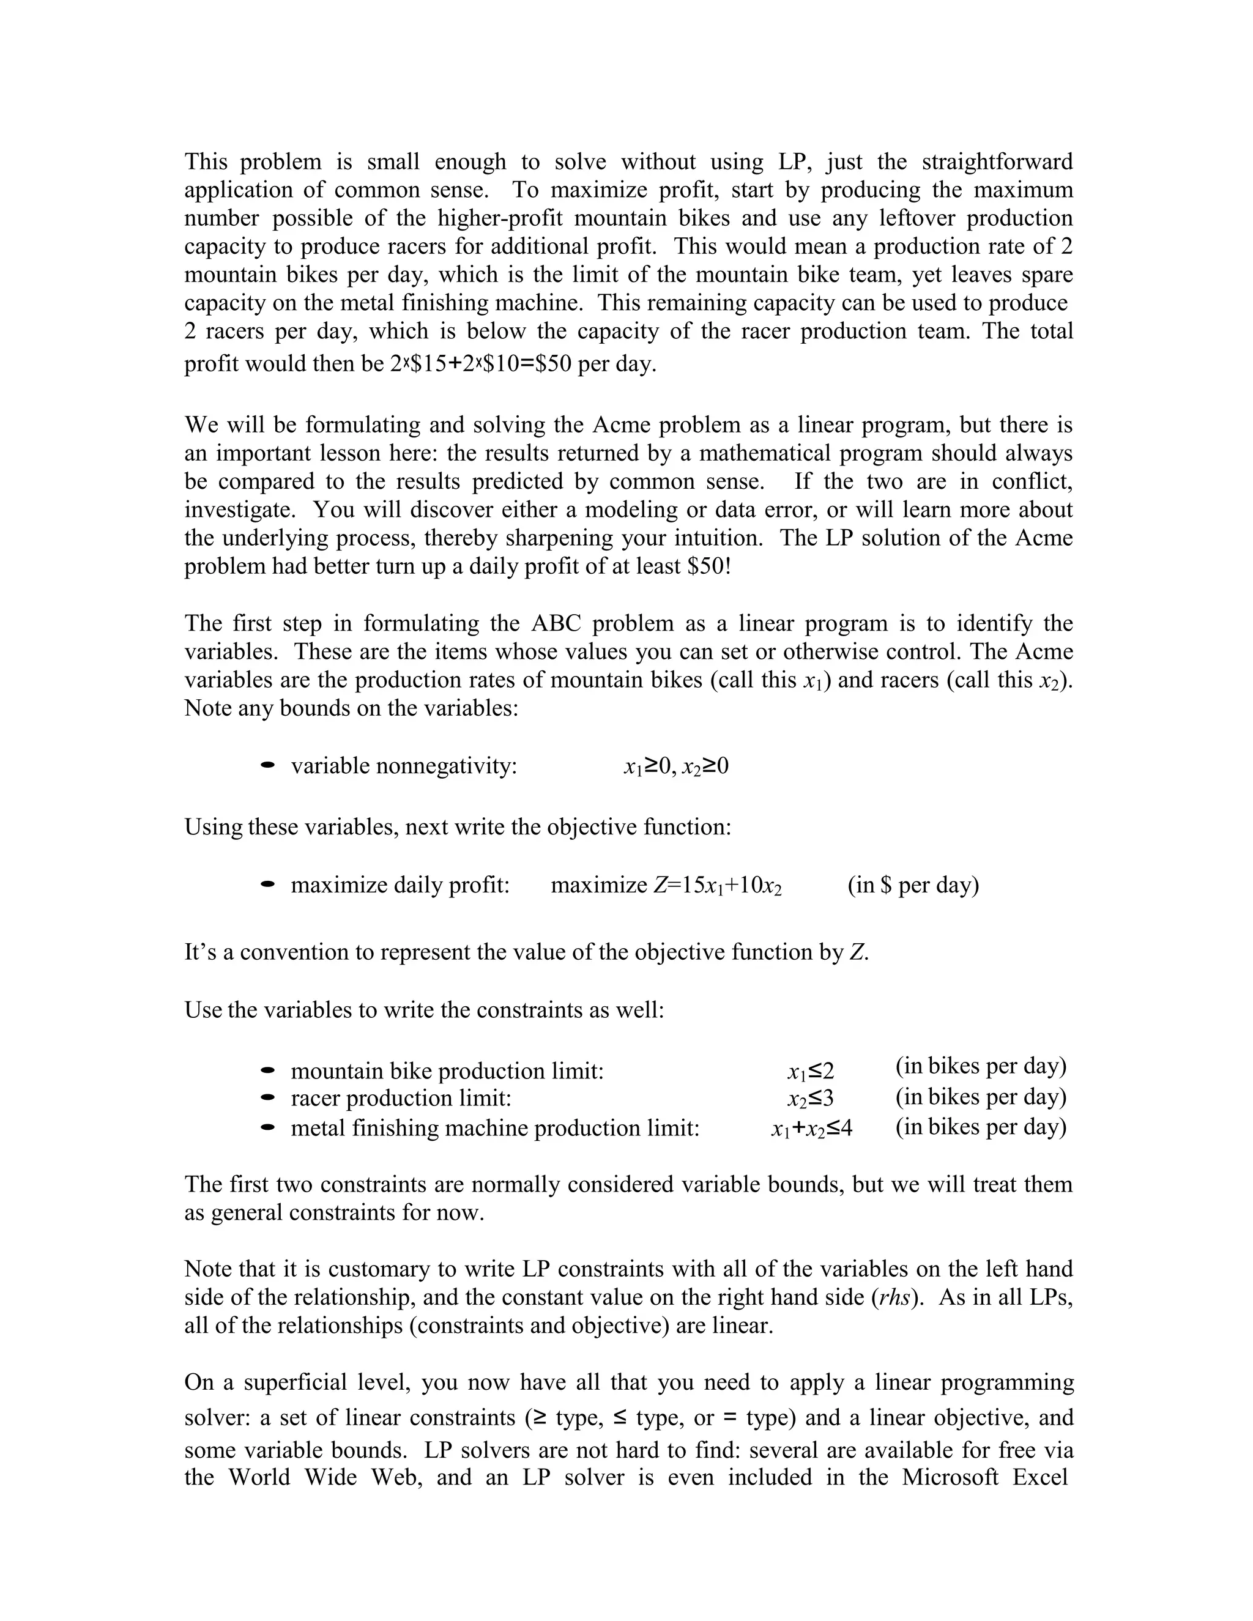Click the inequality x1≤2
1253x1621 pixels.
811,1072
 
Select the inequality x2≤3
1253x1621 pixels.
811,1099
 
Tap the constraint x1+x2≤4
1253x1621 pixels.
811,1129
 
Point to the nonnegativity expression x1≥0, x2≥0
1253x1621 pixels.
676,766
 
